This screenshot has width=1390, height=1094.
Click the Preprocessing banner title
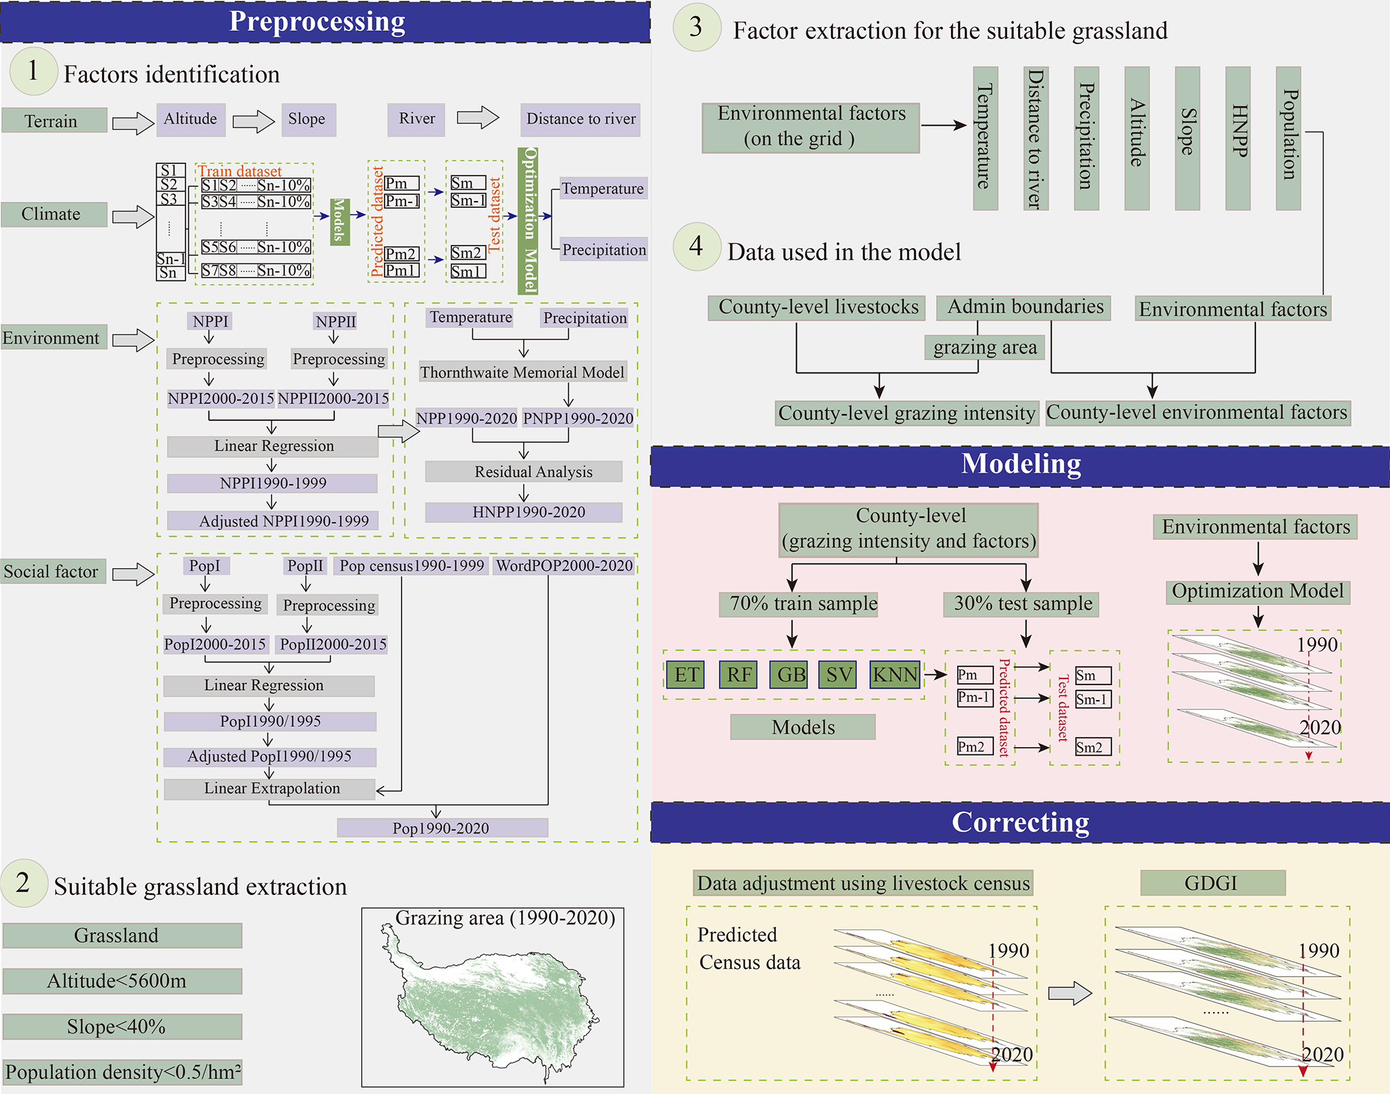[x=317, y=22]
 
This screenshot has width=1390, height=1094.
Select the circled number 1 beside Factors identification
[x=33, y=71]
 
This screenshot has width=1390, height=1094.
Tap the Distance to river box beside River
[x=580, y=120]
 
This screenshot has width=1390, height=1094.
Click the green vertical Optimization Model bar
[x=529, y=221]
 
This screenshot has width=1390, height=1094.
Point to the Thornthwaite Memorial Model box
[x=523, y=373]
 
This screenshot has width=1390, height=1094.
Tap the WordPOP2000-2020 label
[x=564, y=566]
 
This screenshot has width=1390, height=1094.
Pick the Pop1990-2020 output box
[x=442, y=828]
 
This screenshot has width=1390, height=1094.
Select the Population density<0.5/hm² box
[x=122, y=1072]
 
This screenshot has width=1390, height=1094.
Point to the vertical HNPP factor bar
[x=1237, y=138]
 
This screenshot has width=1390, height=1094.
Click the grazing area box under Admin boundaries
[x=984, y=348]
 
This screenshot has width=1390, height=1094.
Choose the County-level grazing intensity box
[x=906, y=413]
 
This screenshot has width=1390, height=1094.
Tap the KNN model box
[x=895, y=674]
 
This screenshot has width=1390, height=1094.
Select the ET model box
[x=685, y=674]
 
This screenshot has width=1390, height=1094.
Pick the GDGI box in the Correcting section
[x=1212, y=883]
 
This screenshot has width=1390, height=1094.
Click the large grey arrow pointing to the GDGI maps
[x=1070, y=993]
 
